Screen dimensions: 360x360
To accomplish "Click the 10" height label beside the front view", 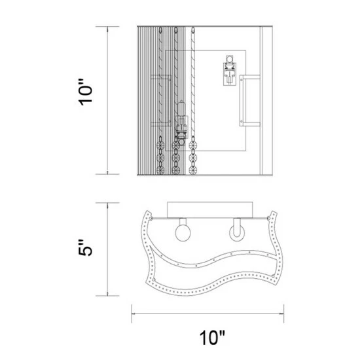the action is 86,92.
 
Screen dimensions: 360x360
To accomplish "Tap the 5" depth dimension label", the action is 85,247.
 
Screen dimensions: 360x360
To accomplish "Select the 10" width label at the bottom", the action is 212,338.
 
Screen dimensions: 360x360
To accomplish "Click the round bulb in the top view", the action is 183,233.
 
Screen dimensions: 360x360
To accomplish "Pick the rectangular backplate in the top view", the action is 210,210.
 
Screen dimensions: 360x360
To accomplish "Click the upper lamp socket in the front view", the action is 229,71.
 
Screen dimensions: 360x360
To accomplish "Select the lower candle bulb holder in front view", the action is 181,123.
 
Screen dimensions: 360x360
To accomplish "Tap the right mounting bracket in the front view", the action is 250,101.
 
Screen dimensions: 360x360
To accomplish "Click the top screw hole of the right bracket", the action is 242,79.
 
